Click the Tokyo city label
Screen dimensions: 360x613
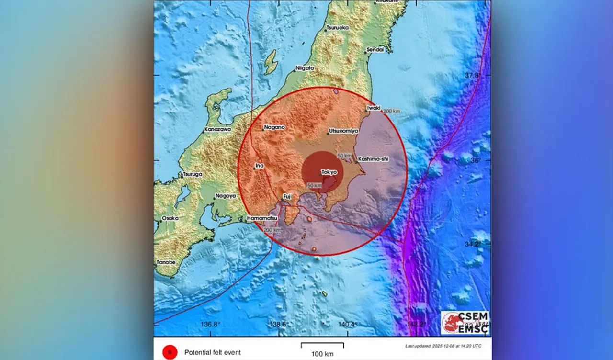point(329,172)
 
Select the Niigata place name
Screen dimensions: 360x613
point(305,68)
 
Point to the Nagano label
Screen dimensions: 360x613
point(274,127)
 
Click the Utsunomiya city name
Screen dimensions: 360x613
point(344,131)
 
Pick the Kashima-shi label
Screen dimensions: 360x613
point(373,158)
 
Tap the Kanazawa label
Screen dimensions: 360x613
point(218,129)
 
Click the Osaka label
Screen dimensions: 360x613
point(170,218)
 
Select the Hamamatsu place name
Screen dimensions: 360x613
point(262,218)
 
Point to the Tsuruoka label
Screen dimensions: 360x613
point(338,28)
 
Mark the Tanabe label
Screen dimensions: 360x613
point(166,262)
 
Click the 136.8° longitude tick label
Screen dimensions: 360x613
point(211,325)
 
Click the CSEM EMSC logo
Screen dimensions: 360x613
point(465,322)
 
